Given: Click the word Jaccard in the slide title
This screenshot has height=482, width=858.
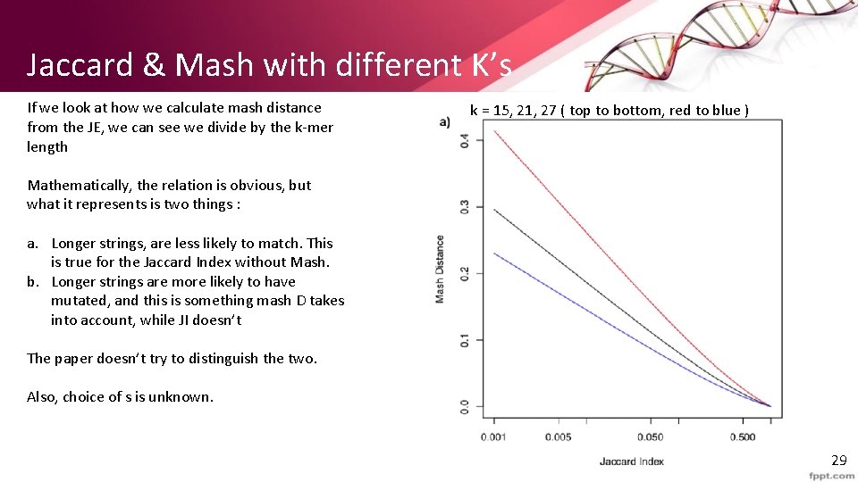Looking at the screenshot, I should pyautogui.click(x=81, y=64).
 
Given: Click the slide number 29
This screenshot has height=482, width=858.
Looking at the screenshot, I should pyautogui.click(x=838, y=461).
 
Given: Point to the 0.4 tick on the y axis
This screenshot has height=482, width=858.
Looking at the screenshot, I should pyautogui.click(x=465, y=141).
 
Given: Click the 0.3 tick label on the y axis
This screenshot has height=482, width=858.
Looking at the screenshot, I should pyautogui.click(x=465, y=207).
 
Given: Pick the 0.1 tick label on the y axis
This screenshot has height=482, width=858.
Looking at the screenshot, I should pyautogui.click(x=465, y=340).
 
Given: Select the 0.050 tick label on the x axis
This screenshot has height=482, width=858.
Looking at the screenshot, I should pyautogui.click(x=650, y=436).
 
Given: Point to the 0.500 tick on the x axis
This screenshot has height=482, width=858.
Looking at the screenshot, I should pyautogui.click(x=742, y=436).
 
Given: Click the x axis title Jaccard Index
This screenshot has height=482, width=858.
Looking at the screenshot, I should pyautogui.click(x=631, y=461).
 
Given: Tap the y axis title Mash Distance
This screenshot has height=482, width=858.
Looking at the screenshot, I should pyautogui.click(x=440, y=269).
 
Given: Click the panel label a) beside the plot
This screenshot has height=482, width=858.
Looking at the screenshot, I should pyautogui.click(x=444, y=122).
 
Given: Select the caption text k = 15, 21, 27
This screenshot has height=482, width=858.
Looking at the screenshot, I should pyautogui.click(x=517, y=111).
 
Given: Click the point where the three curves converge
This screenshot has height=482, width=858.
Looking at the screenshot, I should pyautogui.click(x=770, y=406).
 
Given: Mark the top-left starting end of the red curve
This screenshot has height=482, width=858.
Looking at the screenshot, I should pyautogui.click(x=495, y=131).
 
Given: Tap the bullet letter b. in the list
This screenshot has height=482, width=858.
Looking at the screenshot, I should pyautogui.click(x=33, y=281).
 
